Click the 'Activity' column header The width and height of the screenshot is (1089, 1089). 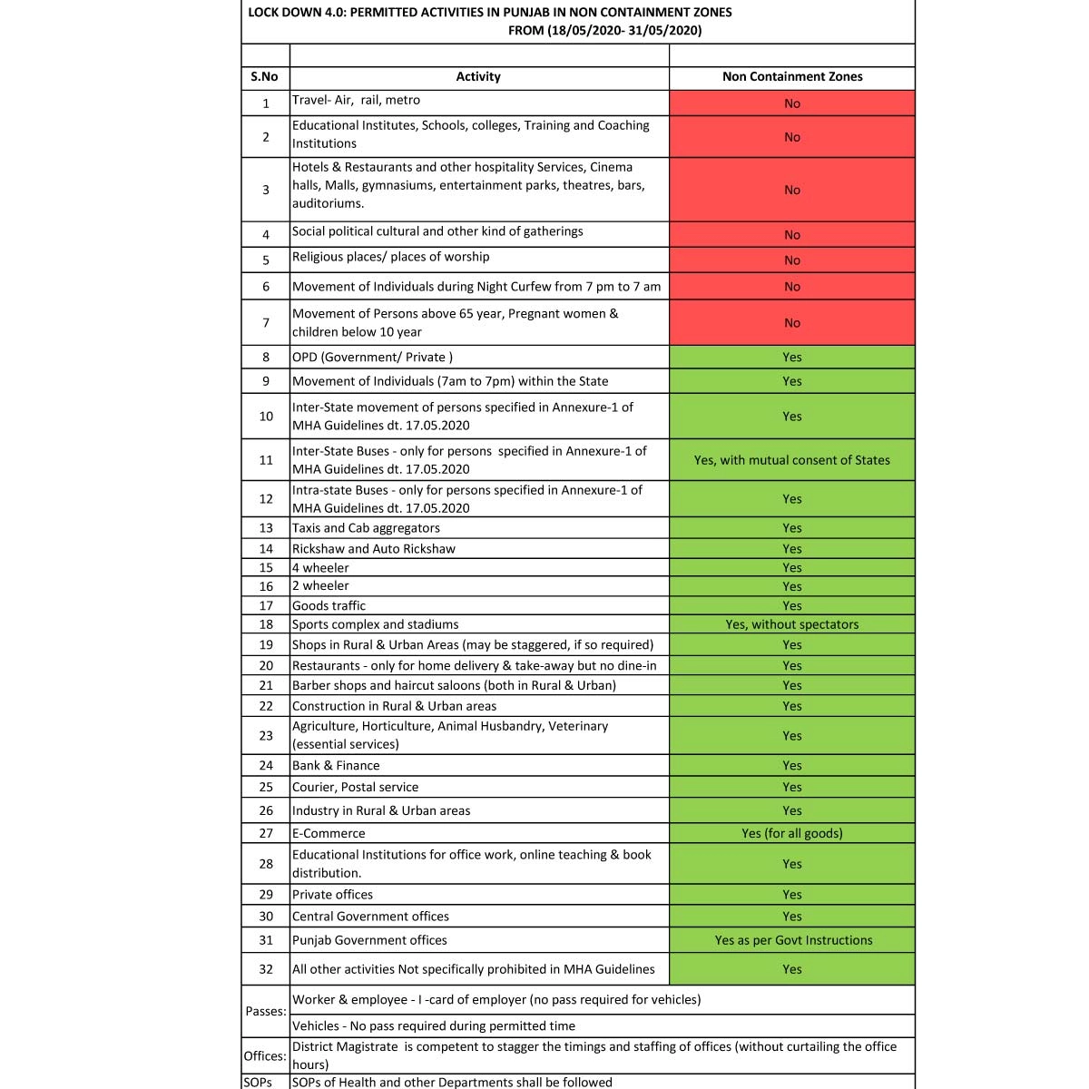[478, 77]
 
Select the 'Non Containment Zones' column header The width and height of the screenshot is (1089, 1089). [792, 77]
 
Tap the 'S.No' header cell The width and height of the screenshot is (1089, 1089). [265, 77]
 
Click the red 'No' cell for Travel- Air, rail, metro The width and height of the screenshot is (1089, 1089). [792, 103]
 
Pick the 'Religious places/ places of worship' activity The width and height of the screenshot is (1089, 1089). [390, 257]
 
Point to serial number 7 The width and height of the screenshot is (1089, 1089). [266, 323]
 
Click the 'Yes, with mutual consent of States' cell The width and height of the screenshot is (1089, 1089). [792, 460]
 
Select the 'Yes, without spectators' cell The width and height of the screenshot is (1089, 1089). [792, 624]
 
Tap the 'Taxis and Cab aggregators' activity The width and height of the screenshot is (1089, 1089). [366, 528]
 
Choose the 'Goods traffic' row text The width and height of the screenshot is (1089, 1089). [329, 605]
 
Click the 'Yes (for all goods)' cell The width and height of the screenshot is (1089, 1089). [792, 833]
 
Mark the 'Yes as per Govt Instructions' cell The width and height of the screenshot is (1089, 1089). [793, 940]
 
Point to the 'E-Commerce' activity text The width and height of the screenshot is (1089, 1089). [329, 833]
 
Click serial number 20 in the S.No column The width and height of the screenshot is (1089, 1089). [266, 666]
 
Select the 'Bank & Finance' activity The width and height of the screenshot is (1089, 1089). [336, 766]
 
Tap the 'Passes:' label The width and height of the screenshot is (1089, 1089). [266, 1011]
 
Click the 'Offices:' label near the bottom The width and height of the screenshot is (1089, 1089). [265, 1056]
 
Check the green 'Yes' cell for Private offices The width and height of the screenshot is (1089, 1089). [792, 895]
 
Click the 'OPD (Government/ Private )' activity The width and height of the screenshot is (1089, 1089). [372, 357]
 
